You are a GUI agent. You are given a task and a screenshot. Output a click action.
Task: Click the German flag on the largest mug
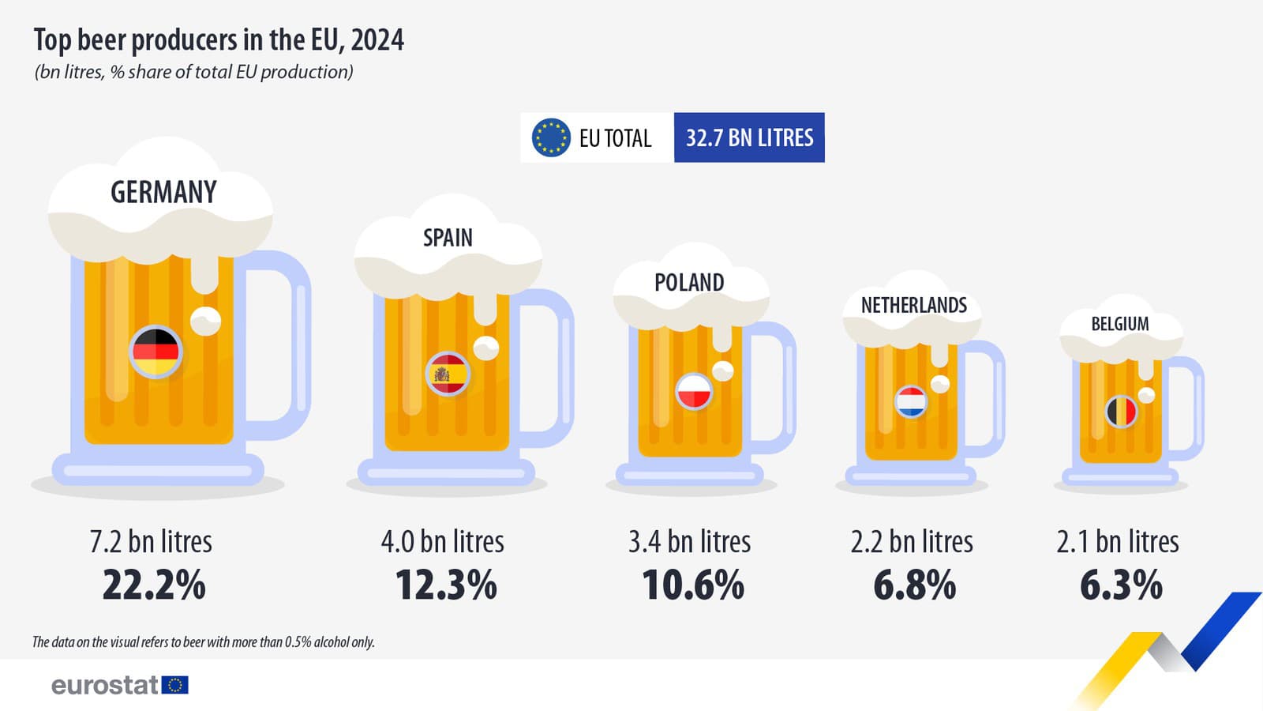coord(156,352)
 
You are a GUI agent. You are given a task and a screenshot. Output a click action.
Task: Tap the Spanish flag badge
coord(448,374)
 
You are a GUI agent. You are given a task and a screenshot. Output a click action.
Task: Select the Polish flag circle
coord(694,391)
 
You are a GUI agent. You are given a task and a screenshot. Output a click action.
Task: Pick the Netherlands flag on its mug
coord(911,401)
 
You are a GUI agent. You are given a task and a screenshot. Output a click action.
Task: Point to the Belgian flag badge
coord(1121,411)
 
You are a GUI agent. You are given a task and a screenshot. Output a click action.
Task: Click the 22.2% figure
coord(154,585)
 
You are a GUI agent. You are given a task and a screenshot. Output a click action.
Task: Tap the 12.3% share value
coord(446,585)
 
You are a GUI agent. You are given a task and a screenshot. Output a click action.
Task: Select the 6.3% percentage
coord(1121,585)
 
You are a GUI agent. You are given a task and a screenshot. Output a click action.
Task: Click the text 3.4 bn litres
coord(689,542)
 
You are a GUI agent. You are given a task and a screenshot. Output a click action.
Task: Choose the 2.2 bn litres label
coord(912,542)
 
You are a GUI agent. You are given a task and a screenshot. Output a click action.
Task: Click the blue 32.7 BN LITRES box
coord(749,137)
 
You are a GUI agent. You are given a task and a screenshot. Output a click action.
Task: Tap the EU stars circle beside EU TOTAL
coord(550,137)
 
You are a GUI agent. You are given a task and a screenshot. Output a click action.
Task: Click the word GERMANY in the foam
coord(163,192)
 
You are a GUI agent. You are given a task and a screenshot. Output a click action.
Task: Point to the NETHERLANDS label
coord(913,305)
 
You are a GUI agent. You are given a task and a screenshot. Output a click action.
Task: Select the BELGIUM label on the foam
coord(1119,324)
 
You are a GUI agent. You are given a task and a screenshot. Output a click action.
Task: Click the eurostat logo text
coord(106,685)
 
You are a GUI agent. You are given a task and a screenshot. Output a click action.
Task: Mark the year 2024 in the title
coord(377,39)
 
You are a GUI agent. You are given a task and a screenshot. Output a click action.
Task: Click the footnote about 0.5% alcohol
coord(203,641)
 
